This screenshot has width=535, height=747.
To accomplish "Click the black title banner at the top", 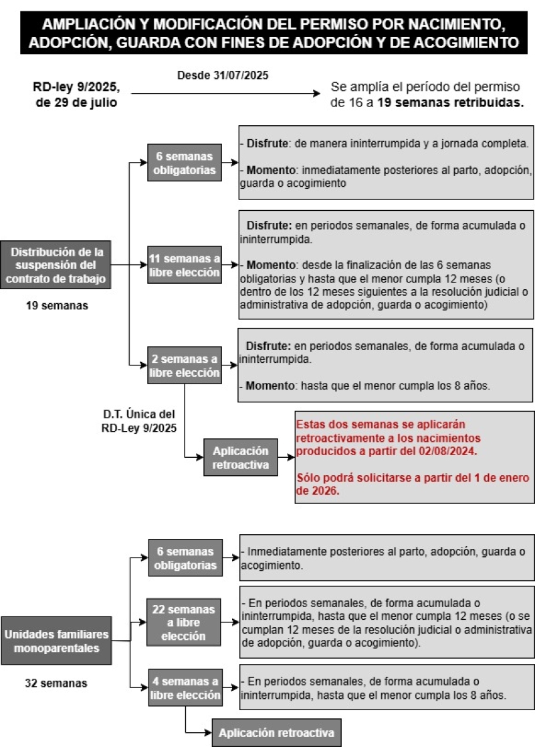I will tap(267, 33).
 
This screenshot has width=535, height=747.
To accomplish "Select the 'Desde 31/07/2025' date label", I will tap(222, 75).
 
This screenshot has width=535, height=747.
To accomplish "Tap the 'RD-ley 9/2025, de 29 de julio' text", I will tap(76, 94).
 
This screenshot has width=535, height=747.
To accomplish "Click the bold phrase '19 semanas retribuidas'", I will tap(449, 103).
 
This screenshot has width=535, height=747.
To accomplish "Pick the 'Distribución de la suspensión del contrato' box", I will tap(58, 266).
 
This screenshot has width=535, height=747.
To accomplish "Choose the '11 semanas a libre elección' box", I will tap(184, 266).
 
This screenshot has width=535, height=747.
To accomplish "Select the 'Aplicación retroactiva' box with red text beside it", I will tap(240, 457).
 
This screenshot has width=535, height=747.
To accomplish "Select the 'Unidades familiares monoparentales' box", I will tap(57, 641).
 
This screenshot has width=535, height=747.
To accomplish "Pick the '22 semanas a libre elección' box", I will tap(184, 622).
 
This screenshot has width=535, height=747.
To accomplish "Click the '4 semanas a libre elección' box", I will tap(184, 689).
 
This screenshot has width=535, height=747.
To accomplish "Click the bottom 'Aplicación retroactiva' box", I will tap(276, 733).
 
